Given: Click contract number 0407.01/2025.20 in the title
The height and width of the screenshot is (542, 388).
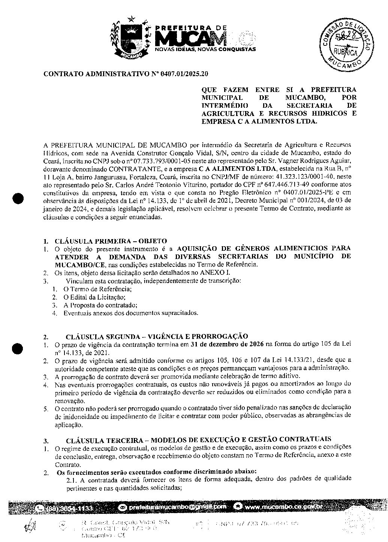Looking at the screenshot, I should [x=184, y=74].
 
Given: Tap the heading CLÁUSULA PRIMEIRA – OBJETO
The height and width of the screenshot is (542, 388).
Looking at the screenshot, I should [x=111, y=241].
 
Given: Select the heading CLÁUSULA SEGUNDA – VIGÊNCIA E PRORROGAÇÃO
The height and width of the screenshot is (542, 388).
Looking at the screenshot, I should [x=157, y=336].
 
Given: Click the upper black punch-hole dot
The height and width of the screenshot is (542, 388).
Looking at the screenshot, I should [x=18, y=198].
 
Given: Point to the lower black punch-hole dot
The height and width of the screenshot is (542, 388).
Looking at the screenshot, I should [x=18, y=348].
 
